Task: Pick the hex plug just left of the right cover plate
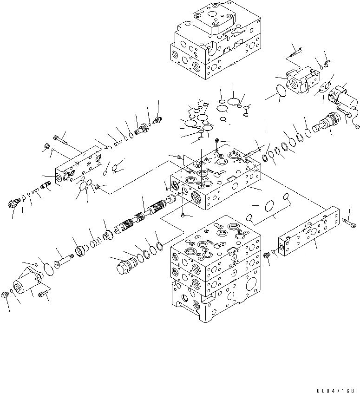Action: [x=267, y=255]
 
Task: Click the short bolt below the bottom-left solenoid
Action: [x=43, y=293]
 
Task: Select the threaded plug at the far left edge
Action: [x=13, y=203]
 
